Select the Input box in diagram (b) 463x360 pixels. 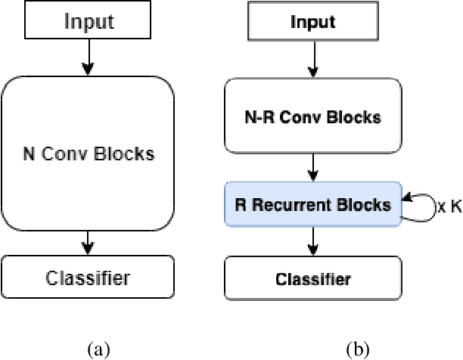click(x=312, y=21)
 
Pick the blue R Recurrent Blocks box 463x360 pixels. click(x=312, y=203)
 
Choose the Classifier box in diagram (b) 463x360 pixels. click(x=312, y=279)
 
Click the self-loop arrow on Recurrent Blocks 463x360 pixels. click(x=418, y=205)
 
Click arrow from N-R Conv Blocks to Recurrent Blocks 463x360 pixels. click(x=312, y=166)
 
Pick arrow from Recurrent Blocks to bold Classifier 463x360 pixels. click(x=312, y=241)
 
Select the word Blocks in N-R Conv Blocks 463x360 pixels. click(x=354, y=119)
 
